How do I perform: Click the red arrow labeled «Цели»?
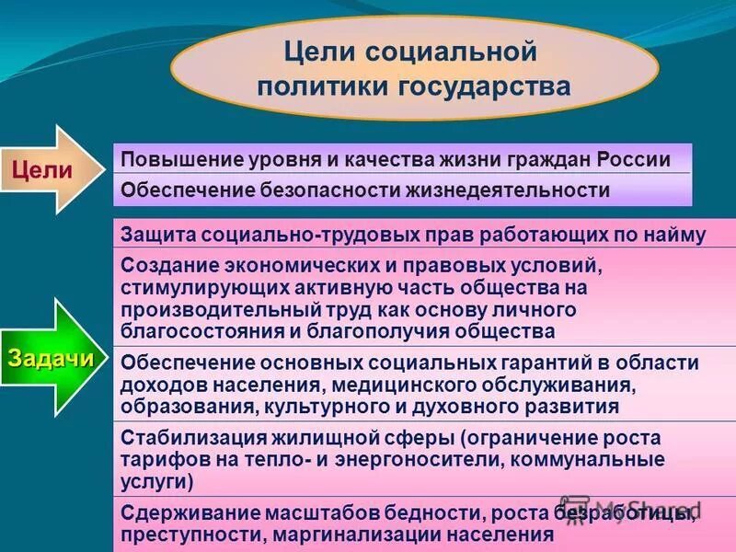point(55,169)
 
